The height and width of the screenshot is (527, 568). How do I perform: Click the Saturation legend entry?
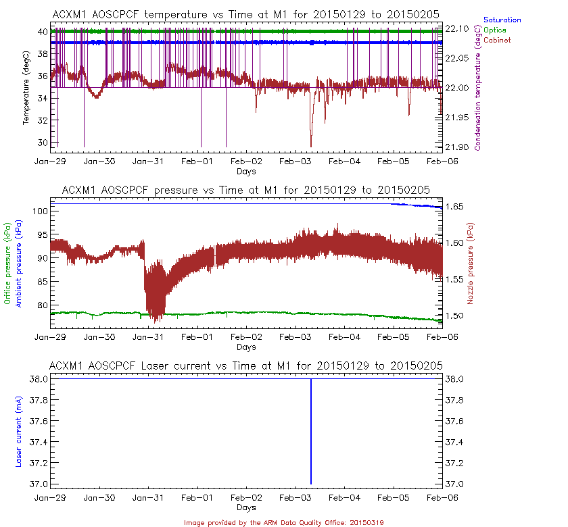tap(502, 20)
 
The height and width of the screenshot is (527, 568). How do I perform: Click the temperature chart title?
tap(246, 14)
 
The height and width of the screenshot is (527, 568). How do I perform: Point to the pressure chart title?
tap(246, 190)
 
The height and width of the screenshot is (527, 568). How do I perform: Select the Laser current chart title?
tap(246, 366)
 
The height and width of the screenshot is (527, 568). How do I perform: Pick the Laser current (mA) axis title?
tap(18, 432)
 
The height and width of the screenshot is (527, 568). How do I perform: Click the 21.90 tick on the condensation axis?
tap(459, 147)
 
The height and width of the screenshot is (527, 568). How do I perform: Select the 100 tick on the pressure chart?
tap(39, 211)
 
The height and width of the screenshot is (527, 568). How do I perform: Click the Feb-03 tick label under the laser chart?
tap(295, 497)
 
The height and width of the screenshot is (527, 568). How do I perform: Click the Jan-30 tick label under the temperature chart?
tap(99, 162)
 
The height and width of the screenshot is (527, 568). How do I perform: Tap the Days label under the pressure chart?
tap(246, 347)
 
